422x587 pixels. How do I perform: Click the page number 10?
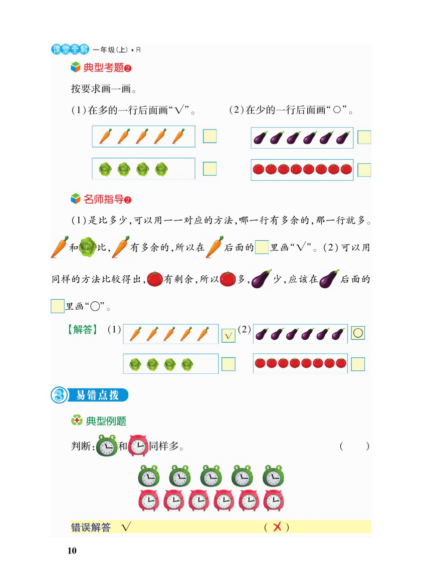[72, 551]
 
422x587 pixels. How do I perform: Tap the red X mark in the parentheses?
[276, 527]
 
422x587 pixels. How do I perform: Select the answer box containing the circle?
[358, 333]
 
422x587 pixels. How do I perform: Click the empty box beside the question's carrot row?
[209, 136]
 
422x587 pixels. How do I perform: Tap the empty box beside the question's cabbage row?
[209, 169]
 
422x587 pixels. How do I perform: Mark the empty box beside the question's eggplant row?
[364, 137]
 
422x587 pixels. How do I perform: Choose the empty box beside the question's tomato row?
[364, 170]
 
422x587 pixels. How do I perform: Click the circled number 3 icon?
[59, 395]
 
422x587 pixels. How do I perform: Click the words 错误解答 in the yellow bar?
[91, 527]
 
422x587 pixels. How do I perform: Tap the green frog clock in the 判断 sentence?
[107, 445]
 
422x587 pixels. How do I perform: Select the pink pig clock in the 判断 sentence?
[138, 445]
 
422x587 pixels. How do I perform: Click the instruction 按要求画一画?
[104, 90]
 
